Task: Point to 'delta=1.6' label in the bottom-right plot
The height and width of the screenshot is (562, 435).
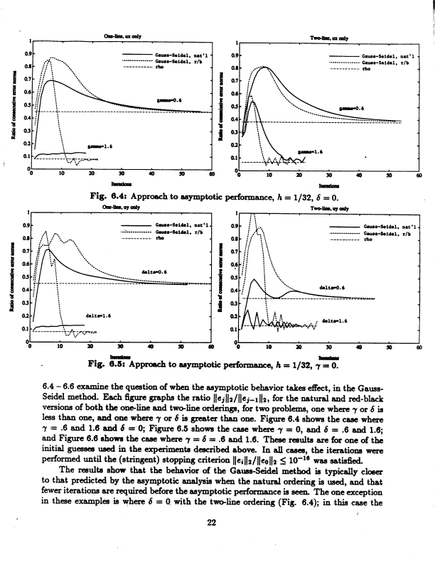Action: click(x=335, y=320)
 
